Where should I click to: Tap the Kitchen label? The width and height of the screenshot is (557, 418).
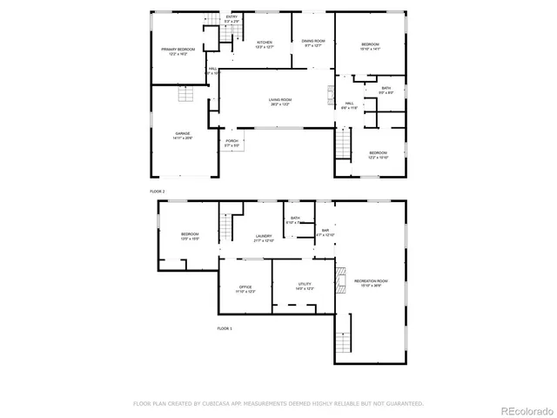coord(265,44)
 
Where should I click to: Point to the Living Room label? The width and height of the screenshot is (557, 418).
coord(279,102)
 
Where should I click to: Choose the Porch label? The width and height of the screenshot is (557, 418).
coord(232,143)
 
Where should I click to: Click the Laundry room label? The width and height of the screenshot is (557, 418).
coord(264,238)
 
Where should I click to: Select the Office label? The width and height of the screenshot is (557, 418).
coord(245,288)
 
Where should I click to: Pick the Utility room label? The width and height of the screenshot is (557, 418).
coord(305,287)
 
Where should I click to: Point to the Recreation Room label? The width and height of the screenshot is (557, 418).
coord(370,282)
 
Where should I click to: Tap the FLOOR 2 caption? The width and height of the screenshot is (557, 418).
coord(157,190)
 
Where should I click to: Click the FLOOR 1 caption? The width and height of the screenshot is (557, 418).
coord(225,328)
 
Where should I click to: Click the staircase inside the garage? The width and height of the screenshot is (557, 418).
coord(184,95)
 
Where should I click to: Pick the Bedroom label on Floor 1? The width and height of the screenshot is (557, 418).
coord(190,236)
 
